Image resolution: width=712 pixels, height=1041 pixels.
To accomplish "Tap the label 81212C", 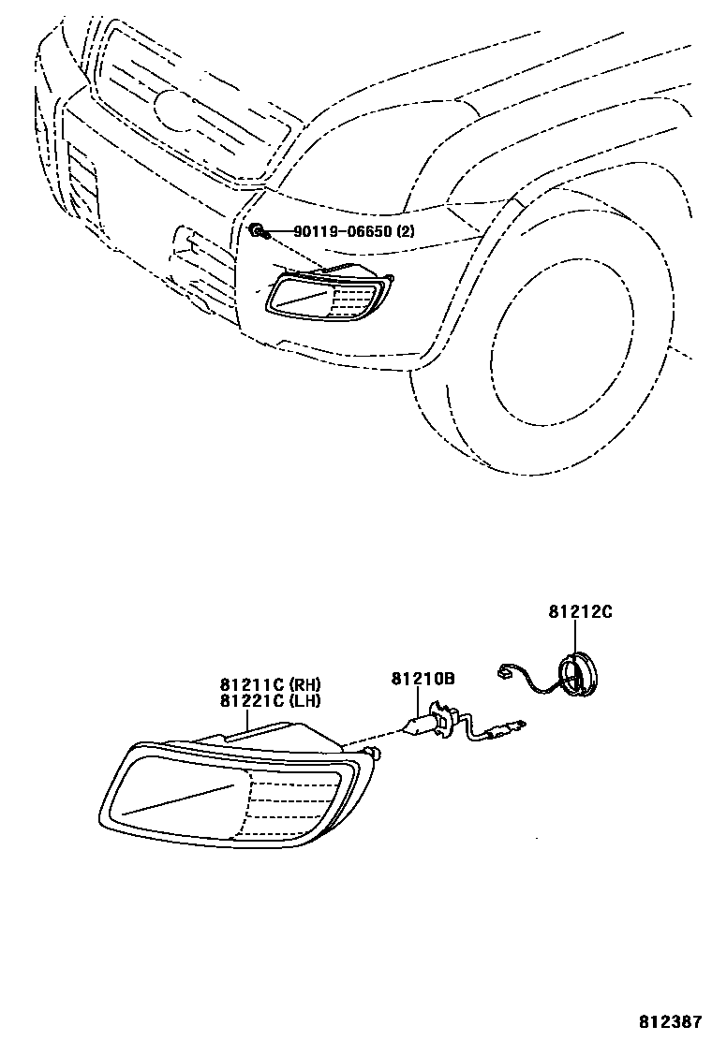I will [x=580, y=612].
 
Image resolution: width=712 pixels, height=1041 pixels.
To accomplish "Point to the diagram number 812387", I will [x=673, y=1020].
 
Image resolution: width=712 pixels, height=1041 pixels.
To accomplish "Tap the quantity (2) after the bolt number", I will [x=405, y=231].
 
